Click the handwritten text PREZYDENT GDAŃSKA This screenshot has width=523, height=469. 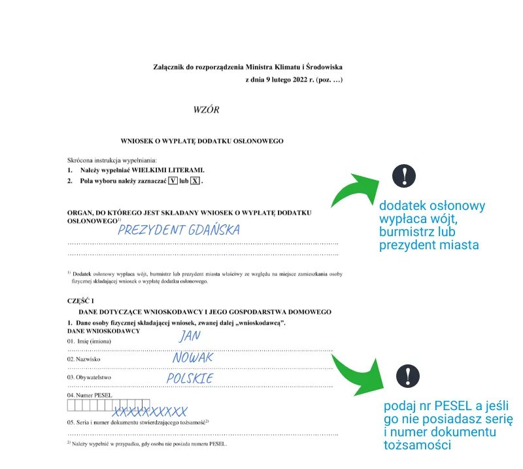pyautogui.click(x=178, y=230)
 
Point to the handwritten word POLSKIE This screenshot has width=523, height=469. pyautogui.click(x=190, y=379)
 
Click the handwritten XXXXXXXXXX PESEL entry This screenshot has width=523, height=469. pyautogui.click(x=150, y=412)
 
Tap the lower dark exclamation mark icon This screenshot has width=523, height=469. pyautogui.click(x=409, y=375)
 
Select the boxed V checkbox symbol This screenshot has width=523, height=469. pyautogui.click(x=173, y=181)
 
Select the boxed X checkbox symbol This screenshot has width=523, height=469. pyautogui.click(x=195, y=181)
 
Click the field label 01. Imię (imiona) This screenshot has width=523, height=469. pyautogui.click(x=90, y=341)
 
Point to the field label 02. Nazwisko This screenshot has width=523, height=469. pyautogui.click(x=84, y=359)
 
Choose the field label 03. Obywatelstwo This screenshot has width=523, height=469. pyautogui.click(x=89, y=377)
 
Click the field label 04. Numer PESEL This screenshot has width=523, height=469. pyautogui.click(x=90, y=396)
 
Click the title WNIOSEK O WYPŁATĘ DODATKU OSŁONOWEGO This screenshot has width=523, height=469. pyautogui.click(x=202, y=141)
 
